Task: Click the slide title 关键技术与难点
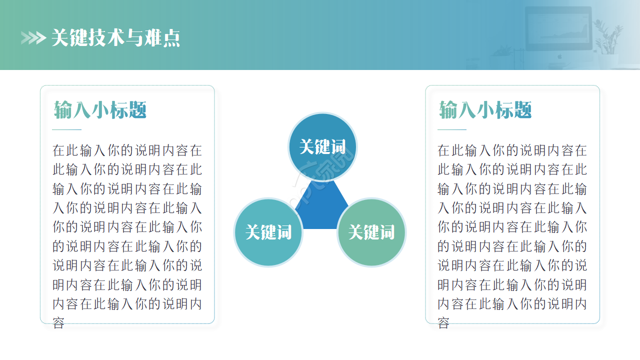pyautogui.click(x=115, y=37)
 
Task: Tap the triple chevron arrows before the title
pyautogui.click(x=33, y=38)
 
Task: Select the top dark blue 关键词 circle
pyautogui.click(x=322, y=147)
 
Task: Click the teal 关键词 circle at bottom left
pyautogui.click(x=268, y=232)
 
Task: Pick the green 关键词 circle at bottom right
pyautogui.click(x=371, y=232)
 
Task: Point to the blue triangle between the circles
pyautogui.click(x=321, y=208)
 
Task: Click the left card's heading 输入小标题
pyautogui.click(x=100, y=109)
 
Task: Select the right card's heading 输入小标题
pyautogui.click(x=485, y=109)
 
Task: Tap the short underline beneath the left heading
pyautogui.click(x=66, y=129)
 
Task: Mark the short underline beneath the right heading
pyautogui.click(x=451, y=129)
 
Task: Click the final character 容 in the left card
pyautogui.click(x=58, y=323)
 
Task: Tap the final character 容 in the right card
pyautogui.click(x=443, y=323)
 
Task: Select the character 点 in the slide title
pyautogui.click(x=171, y=38)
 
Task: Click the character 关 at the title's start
pyautogui.click(x=60, y=37)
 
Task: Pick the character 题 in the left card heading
pyautogui.click(x=137, y=109)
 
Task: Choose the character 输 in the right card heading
pyautogui.click(x=448, y=109)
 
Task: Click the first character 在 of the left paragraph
pyautogui.click(x=58, y=150)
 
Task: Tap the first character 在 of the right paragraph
pyautogui.click(x=443, y=150)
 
